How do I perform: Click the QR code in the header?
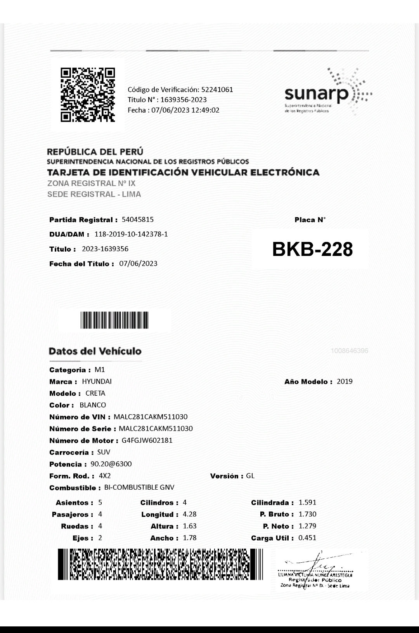(88, 95)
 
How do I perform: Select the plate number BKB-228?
(312, 249)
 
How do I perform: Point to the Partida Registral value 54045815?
(138, 219)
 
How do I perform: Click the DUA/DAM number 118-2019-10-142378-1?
(131, 234)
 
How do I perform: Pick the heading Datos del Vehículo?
(95, 351)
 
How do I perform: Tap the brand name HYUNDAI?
(97, 381)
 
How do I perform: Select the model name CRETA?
(95, 393)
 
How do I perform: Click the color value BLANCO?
(93, 405)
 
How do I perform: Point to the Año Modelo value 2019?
(345, 381)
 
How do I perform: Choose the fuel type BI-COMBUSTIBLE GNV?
(139, 487)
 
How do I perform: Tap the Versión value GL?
(250, 476)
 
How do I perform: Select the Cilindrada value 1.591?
(307, 503)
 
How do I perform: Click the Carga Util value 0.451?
(307, 538)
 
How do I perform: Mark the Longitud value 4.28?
(190, 514)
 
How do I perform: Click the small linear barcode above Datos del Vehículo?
(115, 320)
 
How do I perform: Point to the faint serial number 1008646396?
(350, 351)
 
